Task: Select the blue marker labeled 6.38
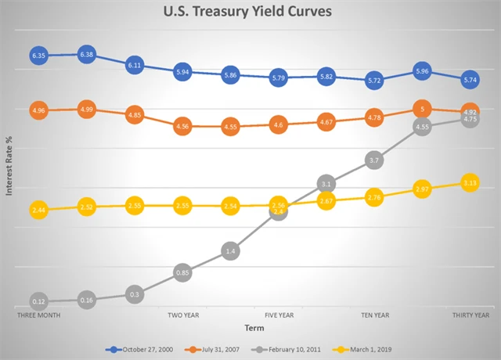tap(87, 55)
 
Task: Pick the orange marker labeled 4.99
tap(87, 110)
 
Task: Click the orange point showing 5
tap(423, 110)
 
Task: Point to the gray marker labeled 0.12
tap(39, 301)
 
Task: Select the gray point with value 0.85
tap(182, 273)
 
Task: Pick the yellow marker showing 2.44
tap(39, 211)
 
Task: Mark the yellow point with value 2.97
tap(423, 189)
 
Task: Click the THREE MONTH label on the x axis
tap(39, 315)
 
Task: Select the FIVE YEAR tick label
tap(279, 315)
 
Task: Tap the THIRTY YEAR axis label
tap(470, 315)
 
